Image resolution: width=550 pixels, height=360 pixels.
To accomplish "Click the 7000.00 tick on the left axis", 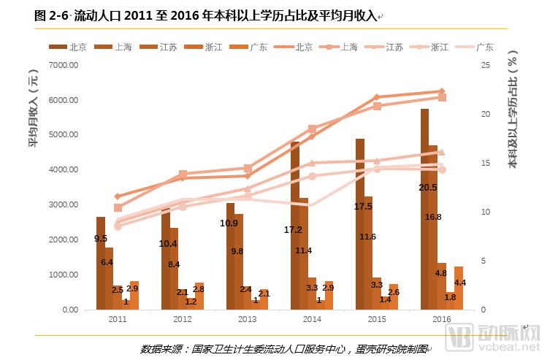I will pyautogui.click(x=62, y=65).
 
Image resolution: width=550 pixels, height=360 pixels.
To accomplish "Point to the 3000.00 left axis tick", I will pyautogui.click(x=62, y=204).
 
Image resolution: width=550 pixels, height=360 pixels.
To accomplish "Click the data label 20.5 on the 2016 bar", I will pyautogui.click(x=428, y=188).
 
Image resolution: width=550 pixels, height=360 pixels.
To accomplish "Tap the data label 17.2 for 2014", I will pyautogui.click(x=293, y=229).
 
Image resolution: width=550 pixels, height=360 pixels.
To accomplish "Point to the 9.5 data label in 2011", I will pyautogui.click(x=101, y=239).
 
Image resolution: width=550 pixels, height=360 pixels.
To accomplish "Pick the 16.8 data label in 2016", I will pyautogui.click(x=433, y=217).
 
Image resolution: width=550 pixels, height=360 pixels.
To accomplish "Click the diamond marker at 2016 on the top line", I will pyautogui.click(x=441, y=91).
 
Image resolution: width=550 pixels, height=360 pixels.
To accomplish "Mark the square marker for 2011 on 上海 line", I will pyautogui.click(x=118, y=208).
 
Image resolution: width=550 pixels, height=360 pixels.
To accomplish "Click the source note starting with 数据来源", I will pyautogui.click(x=285, y=348).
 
